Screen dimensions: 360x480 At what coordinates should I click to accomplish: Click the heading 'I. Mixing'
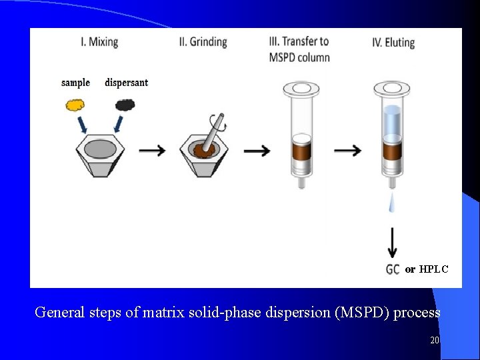[x=99, y=42]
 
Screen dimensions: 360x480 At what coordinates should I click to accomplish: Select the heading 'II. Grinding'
[x=203, y=42]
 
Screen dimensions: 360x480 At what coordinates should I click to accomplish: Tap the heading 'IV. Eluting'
[x=393, y=43]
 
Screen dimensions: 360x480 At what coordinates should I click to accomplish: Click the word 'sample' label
[x=75, y=83]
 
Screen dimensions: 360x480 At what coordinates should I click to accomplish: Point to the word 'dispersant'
[x=126, y=83]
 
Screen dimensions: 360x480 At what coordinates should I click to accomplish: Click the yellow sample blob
[x=76, y=105]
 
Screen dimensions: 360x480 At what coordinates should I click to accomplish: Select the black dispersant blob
[x=125, y=105]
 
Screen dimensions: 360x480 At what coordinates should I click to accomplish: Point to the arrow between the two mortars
[x=153, y=151]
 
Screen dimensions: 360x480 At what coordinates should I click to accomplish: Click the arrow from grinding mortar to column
[x=257, y=151]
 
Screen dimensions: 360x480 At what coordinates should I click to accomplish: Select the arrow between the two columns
[x=348, y=151]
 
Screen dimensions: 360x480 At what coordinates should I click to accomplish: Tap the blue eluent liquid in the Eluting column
[x=392, y=120]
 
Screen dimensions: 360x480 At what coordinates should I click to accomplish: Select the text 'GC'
[x=393, y=269]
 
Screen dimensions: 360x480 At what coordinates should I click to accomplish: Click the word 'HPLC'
[x=433, y=269]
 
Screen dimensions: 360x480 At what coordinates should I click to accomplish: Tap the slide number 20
[x=435, y=341]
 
